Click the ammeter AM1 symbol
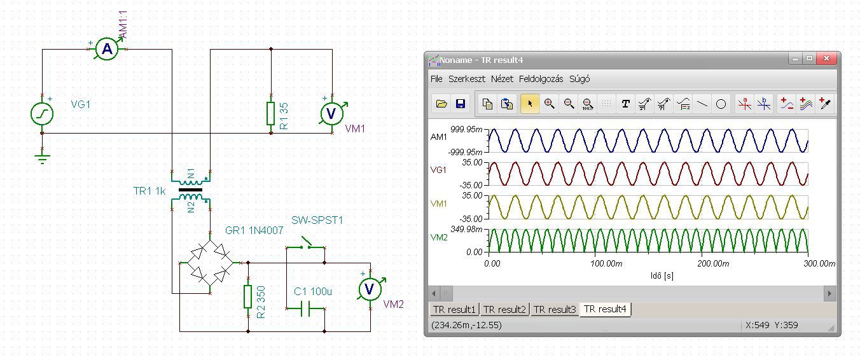coord(107,49)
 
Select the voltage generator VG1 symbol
coord(42,114)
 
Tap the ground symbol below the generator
coord(42,159)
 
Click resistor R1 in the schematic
coord(271,114)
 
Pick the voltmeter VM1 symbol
coord(331,114)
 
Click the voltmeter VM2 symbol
coord(370,289)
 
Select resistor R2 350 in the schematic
coord(248,296)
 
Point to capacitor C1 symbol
coord(305,308)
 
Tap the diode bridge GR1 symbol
coord(210,263)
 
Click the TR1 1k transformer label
coord(149,191)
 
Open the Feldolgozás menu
coord(541,79)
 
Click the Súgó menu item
coord(579,79)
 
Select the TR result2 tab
coord(504,309)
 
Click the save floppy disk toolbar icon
coord(461,104)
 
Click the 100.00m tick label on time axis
coord(606,263)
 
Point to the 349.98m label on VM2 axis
coord(466,230)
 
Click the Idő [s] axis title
coord(662,275)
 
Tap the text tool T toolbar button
coord(625,104)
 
